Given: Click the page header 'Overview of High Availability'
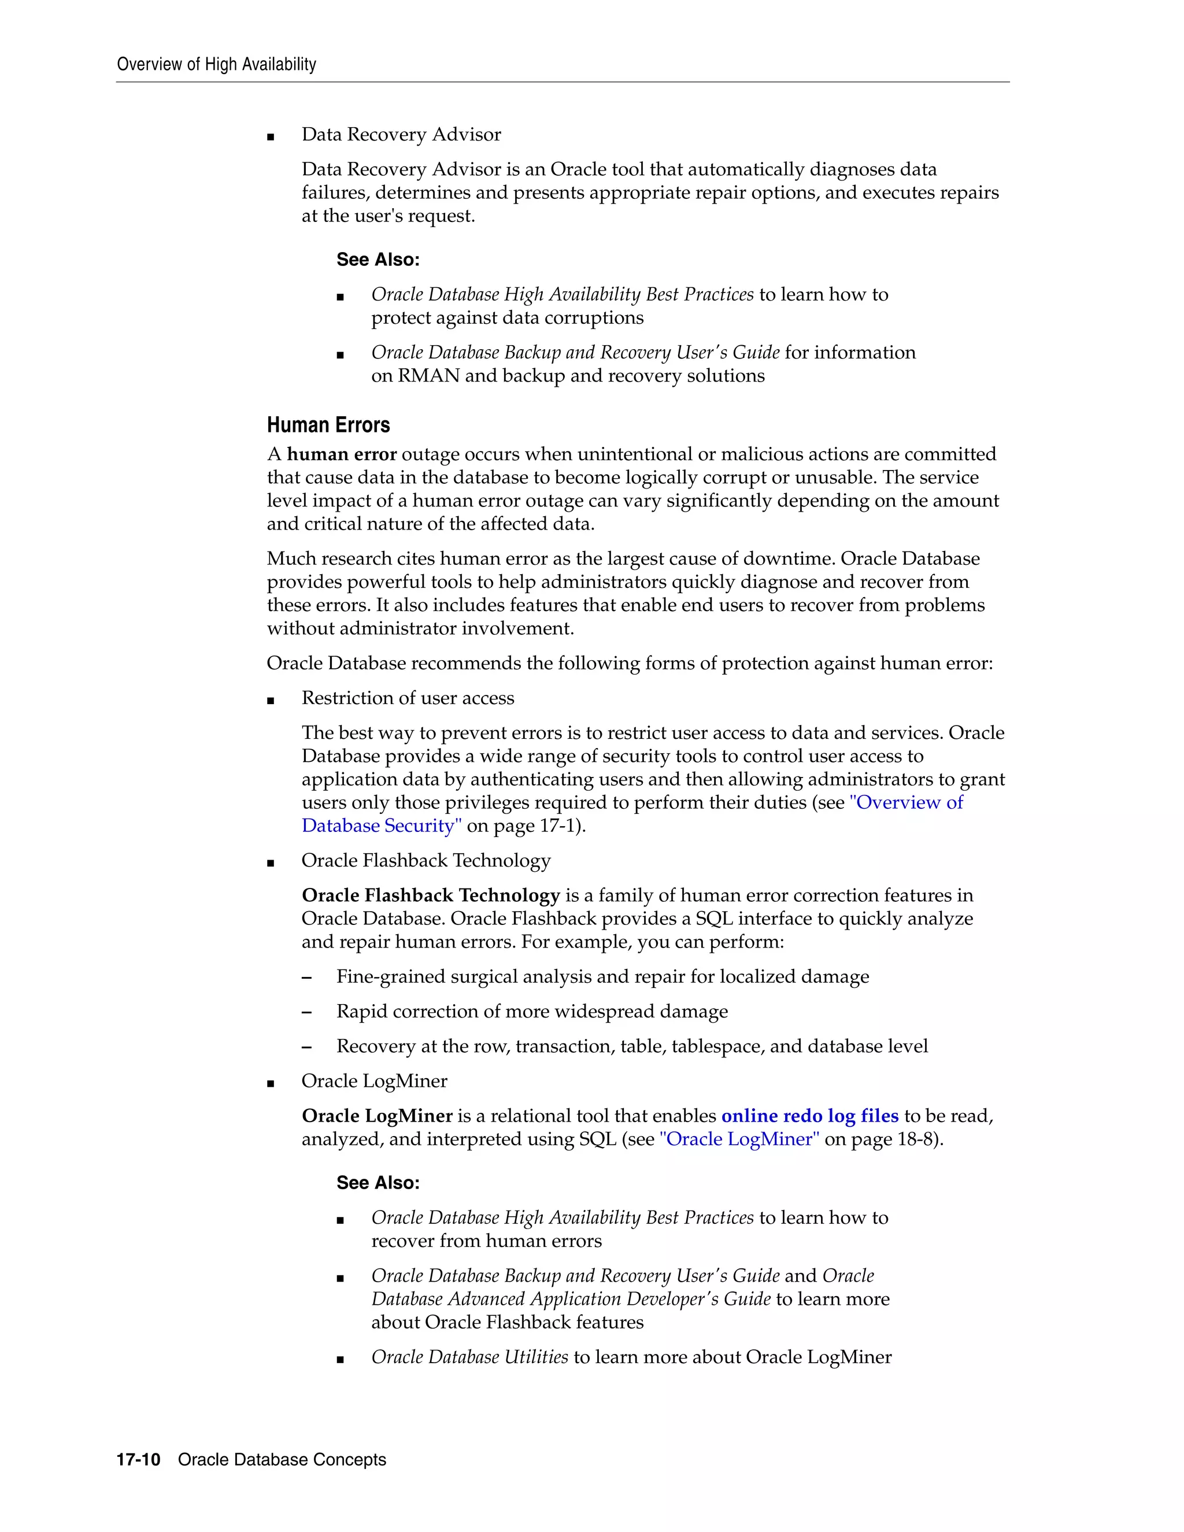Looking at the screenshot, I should point(216,65).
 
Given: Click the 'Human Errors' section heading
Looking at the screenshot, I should point(328,425).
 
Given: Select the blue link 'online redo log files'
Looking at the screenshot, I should point(809,1116).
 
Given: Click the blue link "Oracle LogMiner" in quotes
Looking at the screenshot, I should point(739,1139).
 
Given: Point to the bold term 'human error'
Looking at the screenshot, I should point(342,454).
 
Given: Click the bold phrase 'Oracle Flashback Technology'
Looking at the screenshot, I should point(431,895).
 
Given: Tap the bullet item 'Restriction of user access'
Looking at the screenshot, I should point(408,698).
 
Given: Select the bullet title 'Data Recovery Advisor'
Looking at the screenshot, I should point(401,135).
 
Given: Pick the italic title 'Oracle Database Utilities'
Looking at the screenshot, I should point(469,1357).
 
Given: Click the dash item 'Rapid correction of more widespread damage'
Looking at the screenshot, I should point(532,1012).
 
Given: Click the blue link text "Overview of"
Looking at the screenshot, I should point(906,802).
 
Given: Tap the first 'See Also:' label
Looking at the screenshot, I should point(378,260).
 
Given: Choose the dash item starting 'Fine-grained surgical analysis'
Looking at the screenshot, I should point(602,977).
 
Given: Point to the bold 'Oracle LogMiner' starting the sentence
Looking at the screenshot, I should point(377,1116).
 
